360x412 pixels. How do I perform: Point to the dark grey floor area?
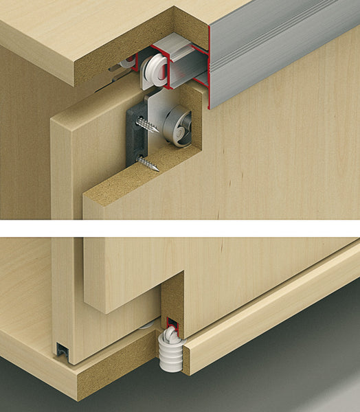click(x=289, y=371)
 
